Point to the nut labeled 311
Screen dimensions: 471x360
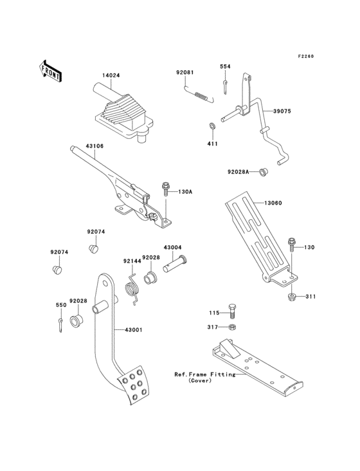pos(292,296)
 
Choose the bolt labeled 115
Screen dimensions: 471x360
pos(233,313)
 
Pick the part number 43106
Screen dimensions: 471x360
pos(95,146)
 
